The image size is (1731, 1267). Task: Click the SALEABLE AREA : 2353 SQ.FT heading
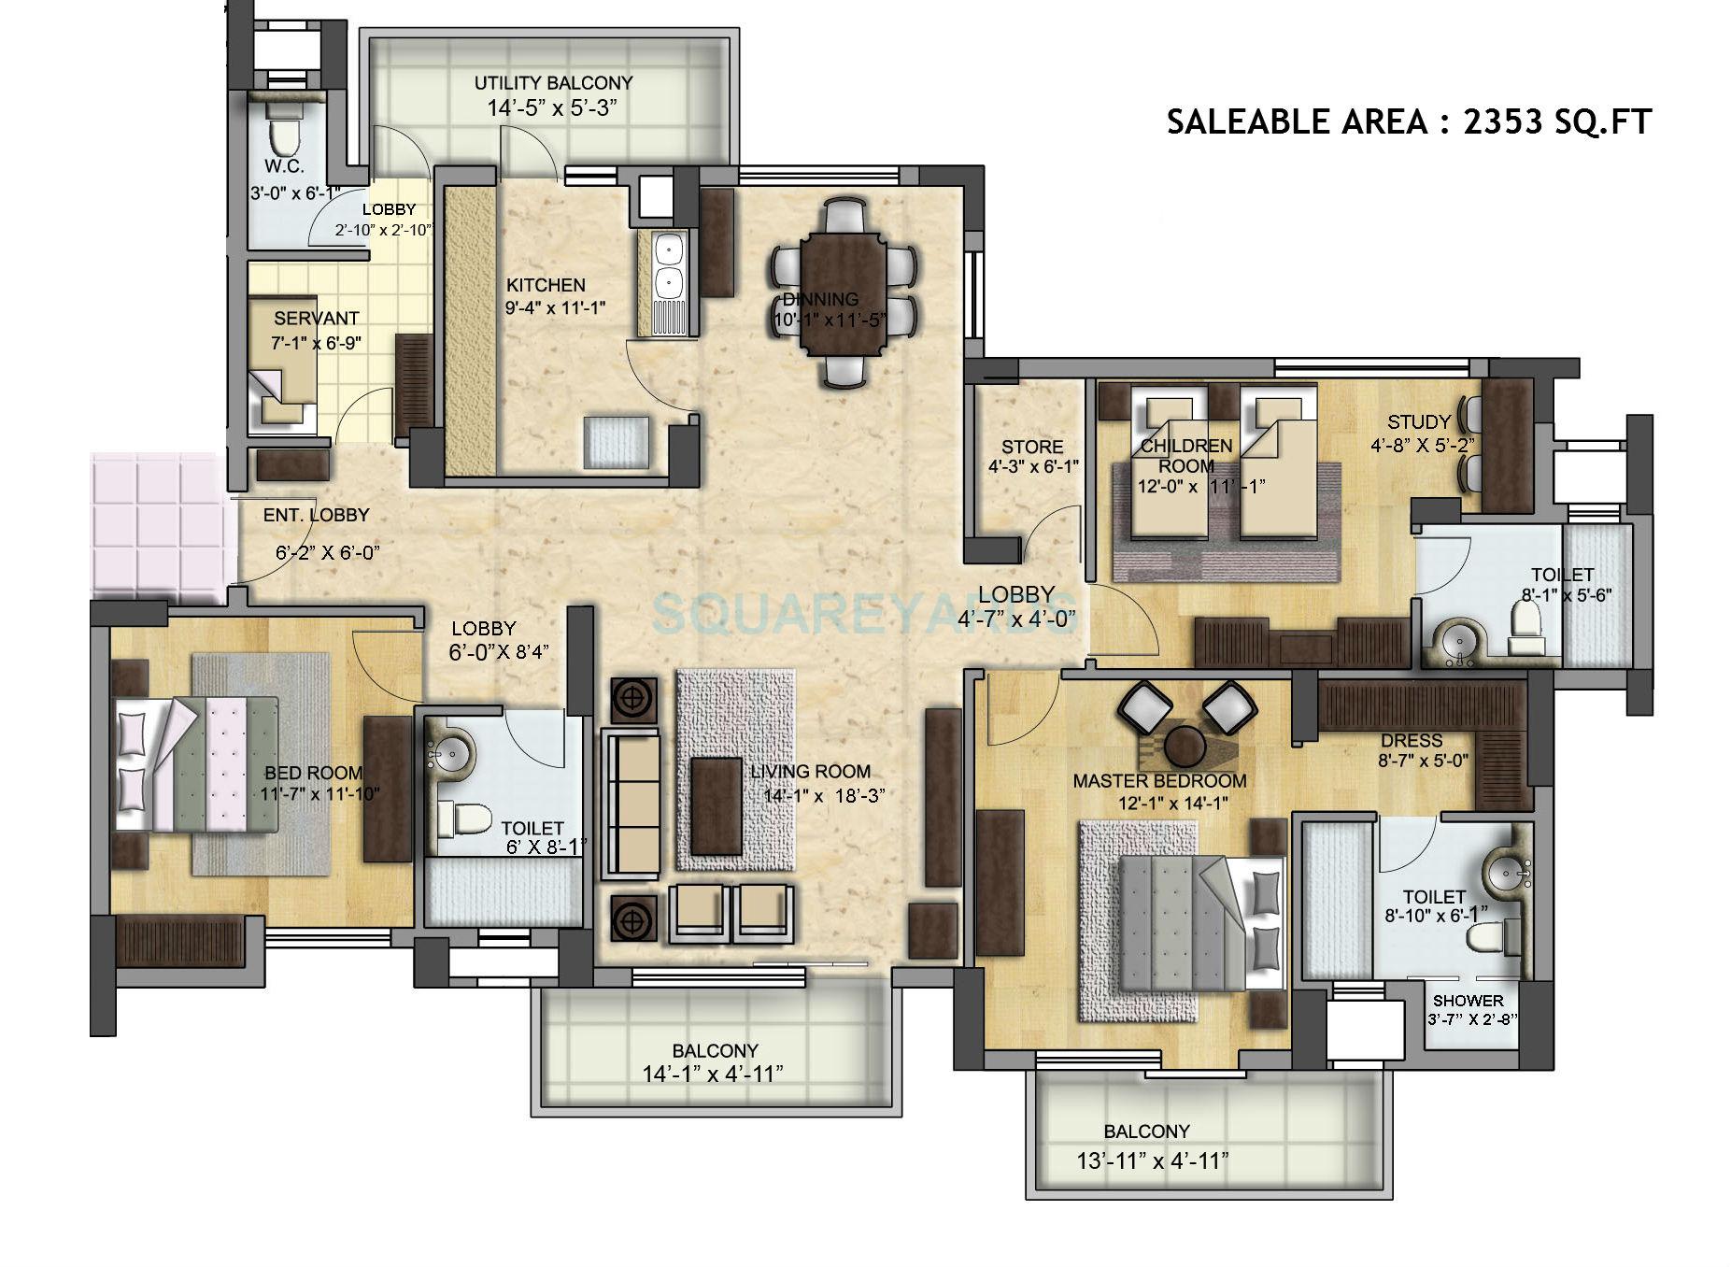click(x=1409, y=122)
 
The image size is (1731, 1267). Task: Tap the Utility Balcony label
click(x=553, y=83)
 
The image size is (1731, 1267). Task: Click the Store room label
click(x=1032, y=447)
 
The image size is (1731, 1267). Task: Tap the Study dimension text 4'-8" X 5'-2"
click(x=1423, y=446)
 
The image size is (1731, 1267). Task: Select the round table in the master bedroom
click(x=1186, y=744)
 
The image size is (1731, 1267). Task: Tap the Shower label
click(x=1468, y=1000)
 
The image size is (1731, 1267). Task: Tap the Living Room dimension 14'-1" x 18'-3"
click(x=818, y=796)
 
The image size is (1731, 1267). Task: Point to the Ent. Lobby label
click(x=316, y=515)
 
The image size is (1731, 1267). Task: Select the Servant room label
click(x=316, y=319)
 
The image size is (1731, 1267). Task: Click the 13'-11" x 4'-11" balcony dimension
click(x=1151, y=1161)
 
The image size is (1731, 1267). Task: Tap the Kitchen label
click(x=546, y=285)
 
